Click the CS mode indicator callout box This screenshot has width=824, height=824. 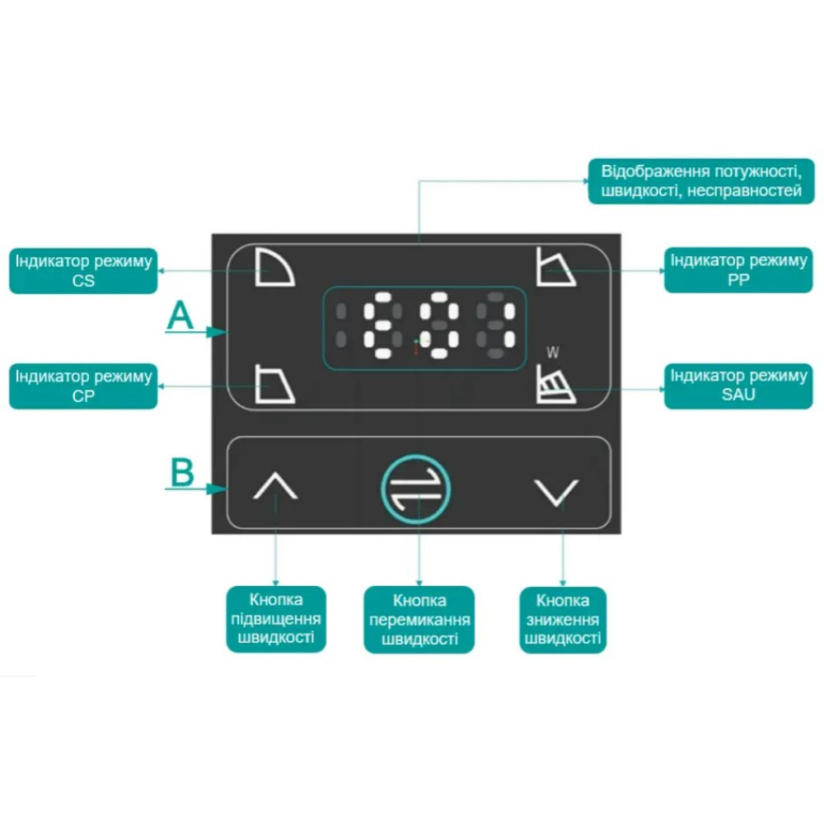click(x=83, y=270)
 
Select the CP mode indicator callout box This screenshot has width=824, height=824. click(x=83, y=386)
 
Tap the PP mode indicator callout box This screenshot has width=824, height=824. click(x=738, y=270)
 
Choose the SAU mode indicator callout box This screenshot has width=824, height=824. click(x=738, y=386)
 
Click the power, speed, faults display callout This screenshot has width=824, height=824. click(x=701, y=181)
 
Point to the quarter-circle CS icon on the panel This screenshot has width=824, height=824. click(x=275, y=268)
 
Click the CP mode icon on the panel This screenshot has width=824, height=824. click(x=275, y=384)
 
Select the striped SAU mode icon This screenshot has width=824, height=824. click(x=556, y=385)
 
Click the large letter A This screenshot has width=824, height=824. click(x=180, y=316)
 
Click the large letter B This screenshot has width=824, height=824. click(x=182, y=472)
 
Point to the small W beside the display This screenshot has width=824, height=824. click(x=553, y=352)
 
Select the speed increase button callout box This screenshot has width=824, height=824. click(x=276, y=619)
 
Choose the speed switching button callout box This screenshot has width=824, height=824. click(x=419, y=620)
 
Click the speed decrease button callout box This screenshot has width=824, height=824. click(x=563, y=620)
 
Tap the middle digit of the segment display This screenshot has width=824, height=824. click(x=439, y=325)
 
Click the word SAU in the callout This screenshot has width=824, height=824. click(x=738, y=396)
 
